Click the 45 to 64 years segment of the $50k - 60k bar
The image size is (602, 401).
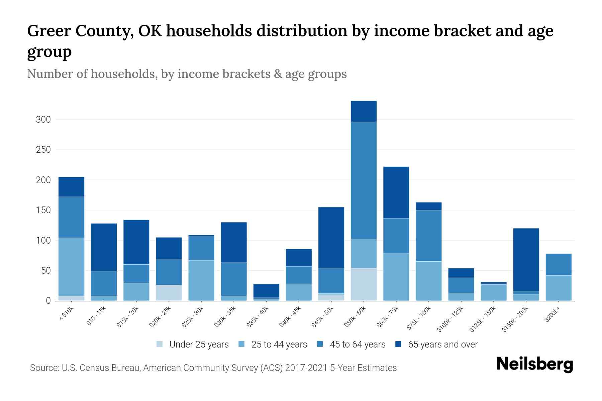point(364,180)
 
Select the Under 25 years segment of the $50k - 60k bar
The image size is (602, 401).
point(364,284)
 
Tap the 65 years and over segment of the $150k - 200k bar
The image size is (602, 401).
point(526,260)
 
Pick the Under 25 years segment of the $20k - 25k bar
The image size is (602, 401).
point(169,293)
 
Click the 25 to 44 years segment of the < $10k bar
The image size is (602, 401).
point(71,267)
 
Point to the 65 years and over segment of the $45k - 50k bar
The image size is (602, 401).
point(331,238)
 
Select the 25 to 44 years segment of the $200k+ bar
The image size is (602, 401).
point(559,288)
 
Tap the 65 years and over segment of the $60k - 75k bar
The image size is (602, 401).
point(396,192)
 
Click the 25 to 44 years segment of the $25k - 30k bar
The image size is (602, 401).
point(201,280)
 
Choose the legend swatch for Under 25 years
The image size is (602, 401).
point(160,344)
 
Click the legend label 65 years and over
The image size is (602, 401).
point(443,345)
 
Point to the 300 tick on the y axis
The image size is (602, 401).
point(43,120)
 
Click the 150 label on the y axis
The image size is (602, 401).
point(43,210)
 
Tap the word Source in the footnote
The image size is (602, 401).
point(44,368)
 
